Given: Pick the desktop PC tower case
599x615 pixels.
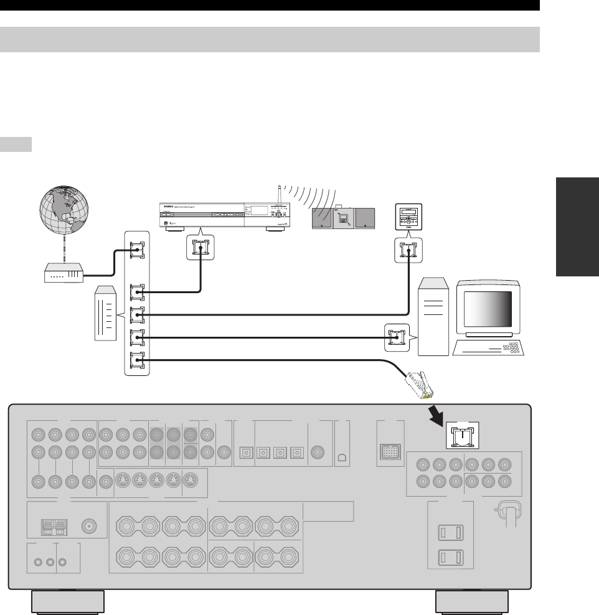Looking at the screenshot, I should coord(434,317).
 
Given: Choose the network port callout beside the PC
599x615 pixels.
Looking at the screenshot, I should coord(396,337).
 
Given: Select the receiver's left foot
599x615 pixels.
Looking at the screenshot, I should coord(67,602).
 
